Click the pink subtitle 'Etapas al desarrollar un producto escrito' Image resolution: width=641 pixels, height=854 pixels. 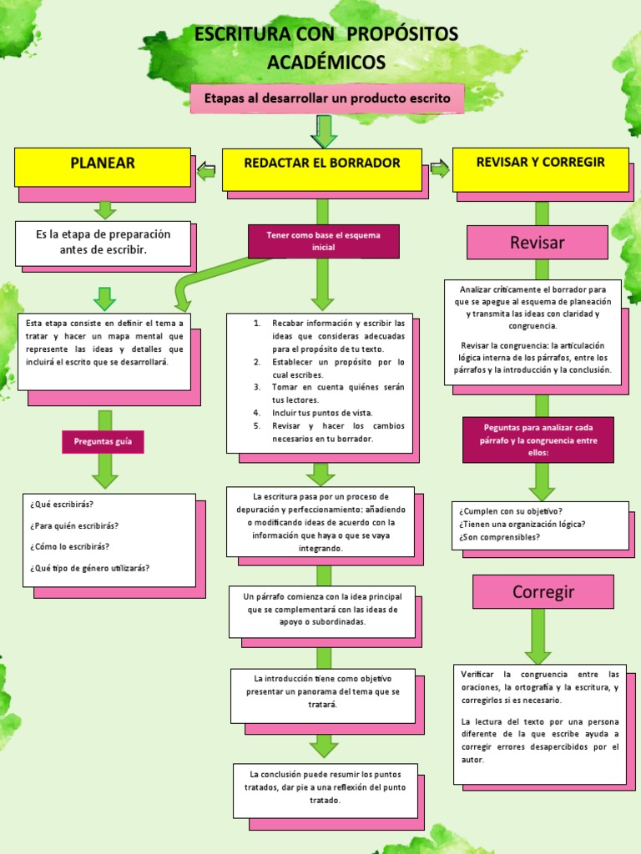click(x=327, y=98)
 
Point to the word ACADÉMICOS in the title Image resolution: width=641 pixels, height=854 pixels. click(x=326, y=63)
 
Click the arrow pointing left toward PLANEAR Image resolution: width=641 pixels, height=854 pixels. click(x=206, y=172)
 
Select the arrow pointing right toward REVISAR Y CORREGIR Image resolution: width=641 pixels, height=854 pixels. click(x=439, y=169)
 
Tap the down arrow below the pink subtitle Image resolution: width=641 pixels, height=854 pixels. click(x=323, y=131)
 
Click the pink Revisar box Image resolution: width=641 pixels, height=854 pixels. click(x=537, y=243)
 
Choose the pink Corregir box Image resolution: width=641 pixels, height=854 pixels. click(x=543, y=592)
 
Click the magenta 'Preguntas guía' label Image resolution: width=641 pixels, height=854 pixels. click(x=103, y=442)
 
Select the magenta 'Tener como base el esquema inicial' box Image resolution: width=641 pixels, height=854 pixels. click(x=323, y=241)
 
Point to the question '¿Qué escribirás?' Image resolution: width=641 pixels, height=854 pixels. click(x=63, y=505)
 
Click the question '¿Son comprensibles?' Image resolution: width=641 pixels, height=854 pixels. click(x=499, y=537)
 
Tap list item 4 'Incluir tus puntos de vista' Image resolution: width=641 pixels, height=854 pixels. click(x=322, y=413)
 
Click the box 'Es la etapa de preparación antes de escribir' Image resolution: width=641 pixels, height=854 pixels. click(x=103, y=242)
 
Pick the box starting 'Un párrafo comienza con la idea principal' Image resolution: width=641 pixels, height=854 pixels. click(x=322, y=610)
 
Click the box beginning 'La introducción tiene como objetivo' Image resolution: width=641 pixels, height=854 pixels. click(x=322, y=692)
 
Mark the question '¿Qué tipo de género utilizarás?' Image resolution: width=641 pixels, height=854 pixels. click(x=90, y=568)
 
